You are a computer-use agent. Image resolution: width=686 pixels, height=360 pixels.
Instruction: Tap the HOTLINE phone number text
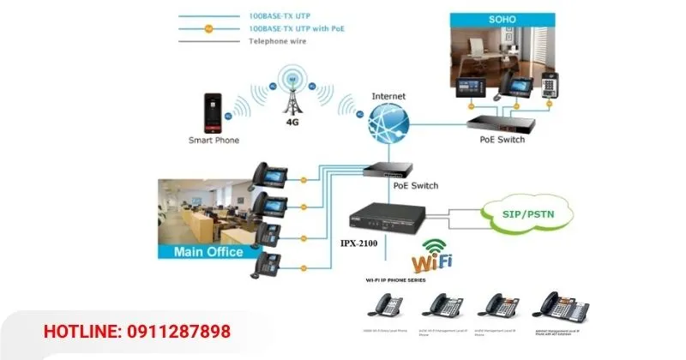tap(137, 332)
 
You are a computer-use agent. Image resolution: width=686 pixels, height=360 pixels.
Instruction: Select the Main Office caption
tap(208, 252)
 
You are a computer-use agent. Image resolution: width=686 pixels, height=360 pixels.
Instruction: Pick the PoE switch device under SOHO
tap(502, 123)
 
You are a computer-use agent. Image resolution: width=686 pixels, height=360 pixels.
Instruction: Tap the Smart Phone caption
tap(214, 140)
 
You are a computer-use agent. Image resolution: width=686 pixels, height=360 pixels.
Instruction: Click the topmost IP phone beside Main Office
tap(268, 174)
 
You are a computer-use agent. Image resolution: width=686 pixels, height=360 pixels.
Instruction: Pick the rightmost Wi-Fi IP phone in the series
tap(558, 304)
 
